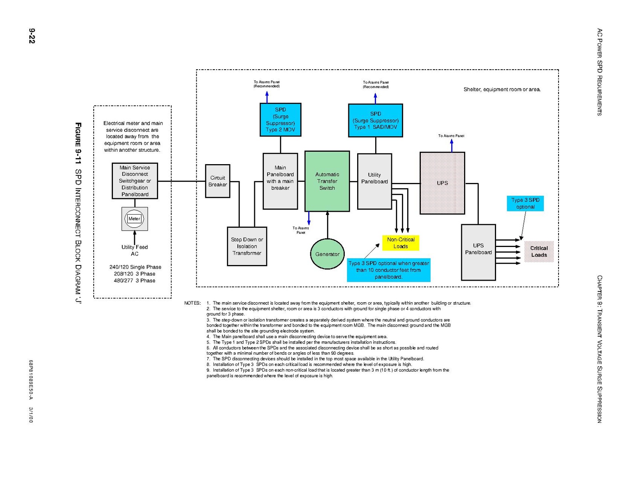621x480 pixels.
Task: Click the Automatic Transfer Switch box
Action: [x=327, y=181]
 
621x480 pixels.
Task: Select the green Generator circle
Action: [x=327, y=254]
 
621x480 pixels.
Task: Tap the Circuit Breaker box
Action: [x=217, y=181]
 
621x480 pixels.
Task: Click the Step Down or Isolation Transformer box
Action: [x=247, y=246]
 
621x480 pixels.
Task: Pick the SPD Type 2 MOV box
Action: [x=280, y=120]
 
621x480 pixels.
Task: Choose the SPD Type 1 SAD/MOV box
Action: [x=375, y=121]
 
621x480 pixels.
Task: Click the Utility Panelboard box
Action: [x=374, y=181]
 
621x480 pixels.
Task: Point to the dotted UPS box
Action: [x=442, y=183]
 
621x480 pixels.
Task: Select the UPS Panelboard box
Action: [x=478, y=252]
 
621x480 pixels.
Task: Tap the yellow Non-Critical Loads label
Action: [x=400, y=243]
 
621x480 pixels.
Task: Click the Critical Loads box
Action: [x=539, y=251]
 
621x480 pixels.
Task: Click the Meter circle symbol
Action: [x=135, y=219]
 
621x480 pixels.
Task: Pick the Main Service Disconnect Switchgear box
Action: [x=135, y=181]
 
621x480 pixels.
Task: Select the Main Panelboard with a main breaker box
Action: [x=280, y=181]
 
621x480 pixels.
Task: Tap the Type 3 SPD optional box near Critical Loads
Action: [x=525, y=203]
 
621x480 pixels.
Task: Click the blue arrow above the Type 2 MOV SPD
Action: [x=267, y=96]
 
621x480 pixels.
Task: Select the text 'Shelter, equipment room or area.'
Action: [x=502, y=89]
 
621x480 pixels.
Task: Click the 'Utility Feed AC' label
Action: [x=135, y=250]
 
